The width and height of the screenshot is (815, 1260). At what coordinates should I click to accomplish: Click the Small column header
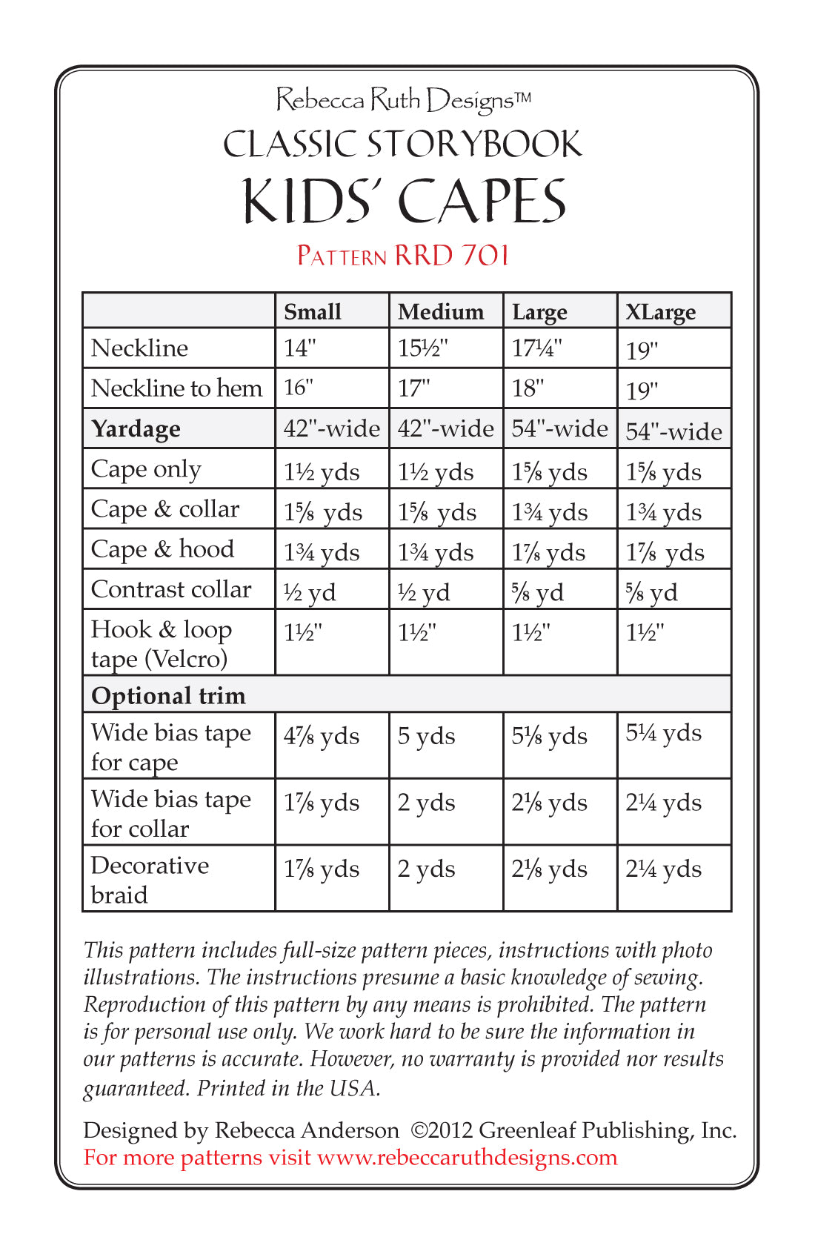coord(313,312)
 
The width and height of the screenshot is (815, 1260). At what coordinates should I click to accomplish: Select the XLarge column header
coord(660,312)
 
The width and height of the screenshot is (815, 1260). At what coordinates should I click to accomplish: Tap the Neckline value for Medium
coord(423,348)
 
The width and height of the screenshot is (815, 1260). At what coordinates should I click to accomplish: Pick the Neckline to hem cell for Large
coord(528,388)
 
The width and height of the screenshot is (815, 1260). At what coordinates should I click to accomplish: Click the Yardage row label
coord(136,429)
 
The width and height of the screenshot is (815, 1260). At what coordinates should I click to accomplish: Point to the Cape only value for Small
coord(322,472)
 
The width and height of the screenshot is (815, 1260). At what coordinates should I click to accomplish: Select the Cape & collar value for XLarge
coord(663,512)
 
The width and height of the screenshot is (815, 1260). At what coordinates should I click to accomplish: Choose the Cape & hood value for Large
coord(549,552)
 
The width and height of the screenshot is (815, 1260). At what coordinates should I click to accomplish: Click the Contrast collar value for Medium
coord(424,592)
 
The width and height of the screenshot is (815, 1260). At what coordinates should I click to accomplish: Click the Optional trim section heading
coord(168,695)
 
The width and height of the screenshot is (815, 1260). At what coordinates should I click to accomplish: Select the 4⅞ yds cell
coord(322,736)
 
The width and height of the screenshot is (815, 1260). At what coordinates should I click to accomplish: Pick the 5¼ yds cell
coord(663,733)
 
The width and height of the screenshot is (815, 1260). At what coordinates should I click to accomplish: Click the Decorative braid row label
coord(150,880)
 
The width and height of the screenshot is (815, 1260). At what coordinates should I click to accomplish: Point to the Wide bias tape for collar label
coord(170,813)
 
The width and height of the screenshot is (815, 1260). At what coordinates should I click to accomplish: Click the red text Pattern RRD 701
coord(403,256)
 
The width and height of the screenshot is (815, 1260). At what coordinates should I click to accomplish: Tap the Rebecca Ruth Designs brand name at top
coord(403,100)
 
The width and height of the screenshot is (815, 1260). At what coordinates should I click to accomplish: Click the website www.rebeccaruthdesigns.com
coord(467,1157)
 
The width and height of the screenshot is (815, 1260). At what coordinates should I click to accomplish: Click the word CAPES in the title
coord(482,202)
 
